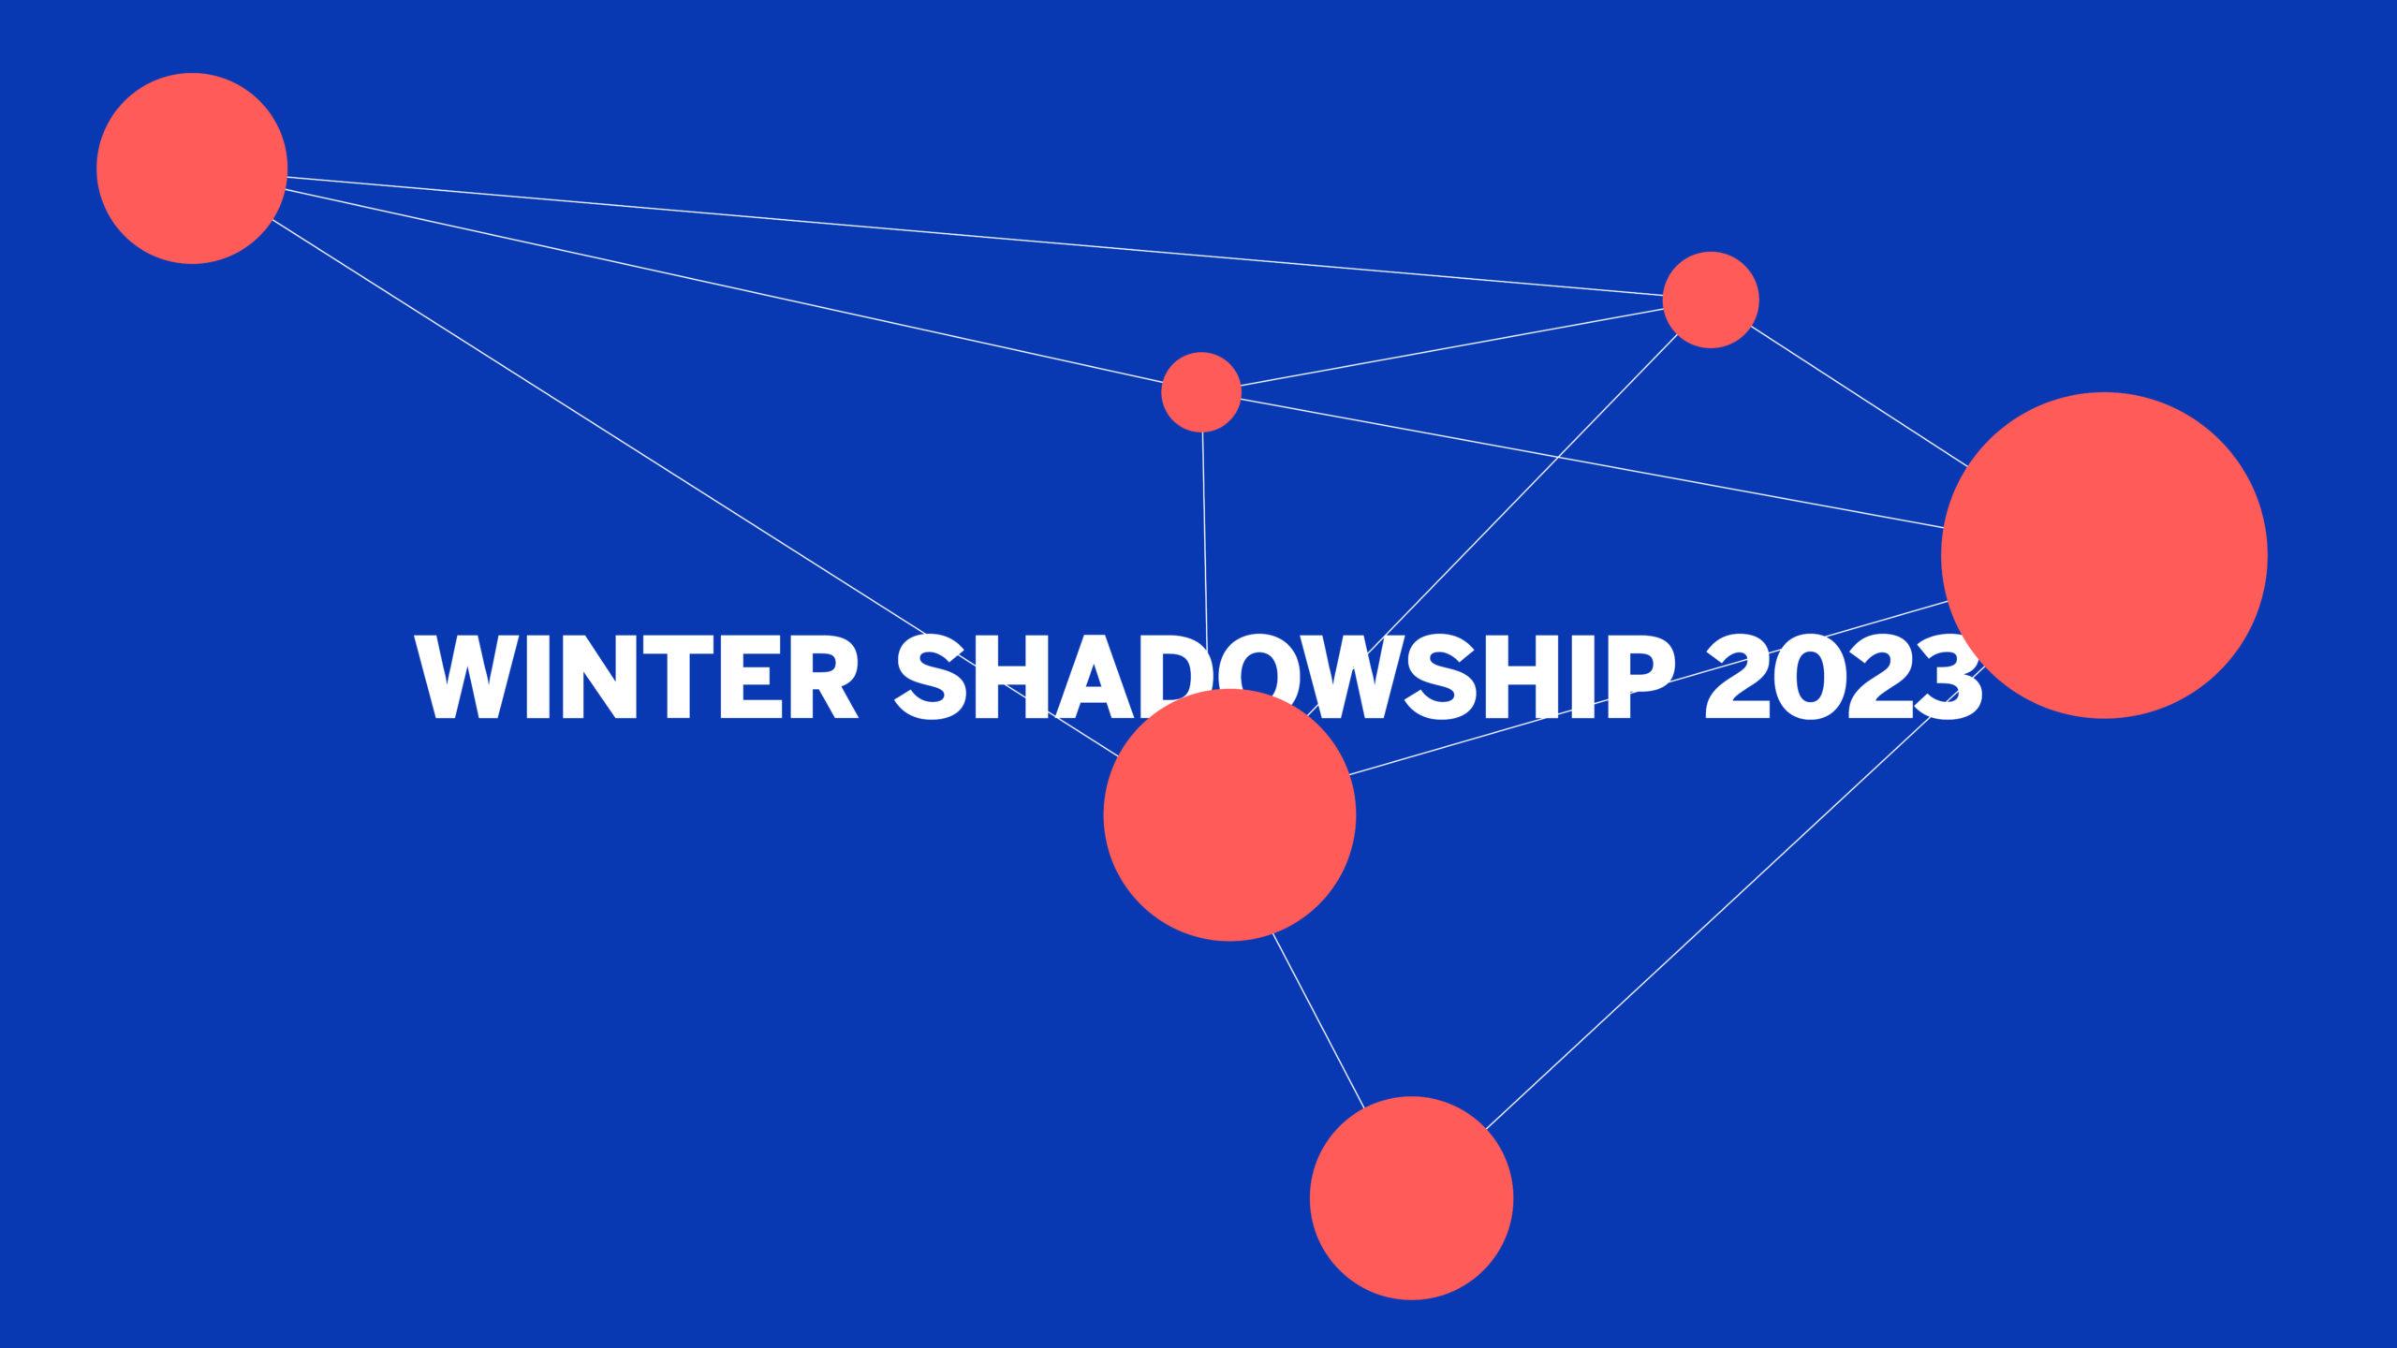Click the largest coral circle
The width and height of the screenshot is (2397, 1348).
(x=2104, y=555)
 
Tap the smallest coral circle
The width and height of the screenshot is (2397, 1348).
(x=1201, y=392)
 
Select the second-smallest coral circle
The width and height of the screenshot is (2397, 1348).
(x=1711, y=300)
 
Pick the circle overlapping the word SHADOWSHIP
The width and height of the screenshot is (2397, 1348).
(x=1229, y=814)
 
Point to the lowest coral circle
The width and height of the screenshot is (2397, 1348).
(x=1411, y=1197)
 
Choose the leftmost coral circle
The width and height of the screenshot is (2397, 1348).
(x=192, y=168)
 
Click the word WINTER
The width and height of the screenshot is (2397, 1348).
(x=637, y=676)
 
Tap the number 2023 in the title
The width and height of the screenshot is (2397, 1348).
(x=1843, y=676)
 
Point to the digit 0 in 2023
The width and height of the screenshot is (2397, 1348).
(x=1809, y=676)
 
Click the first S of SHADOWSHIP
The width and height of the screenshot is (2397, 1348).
(x=932, y=676)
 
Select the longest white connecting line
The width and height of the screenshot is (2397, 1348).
(x=975, y=235)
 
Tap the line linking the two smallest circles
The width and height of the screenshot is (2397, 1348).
(x=1452, y=346)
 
